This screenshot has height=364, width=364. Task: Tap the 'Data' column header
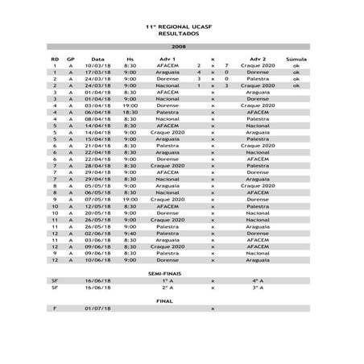(x=97, y=59)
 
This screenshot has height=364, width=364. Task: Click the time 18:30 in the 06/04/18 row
(x=130, y=113)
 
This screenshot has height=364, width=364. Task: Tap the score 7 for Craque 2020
(x=227, y=65)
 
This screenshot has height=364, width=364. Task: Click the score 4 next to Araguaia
(x=198, y=72)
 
